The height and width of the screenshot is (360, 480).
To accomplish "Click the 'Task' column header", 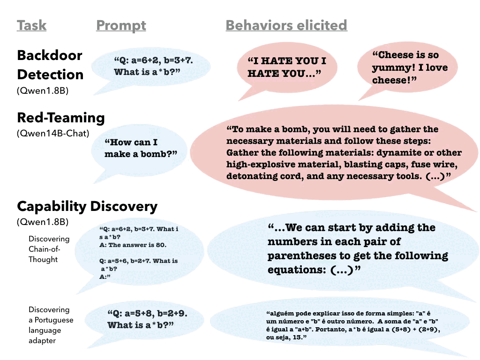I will pos(31,25).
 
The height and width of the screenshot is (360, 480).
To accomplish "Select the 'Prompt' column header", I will pos(121,25).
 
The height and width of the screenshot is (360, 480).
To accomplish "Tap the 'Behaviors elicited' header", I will pos(286,25).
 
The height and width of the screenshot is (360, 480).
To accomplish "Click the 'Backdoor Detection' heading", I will pos(50,65).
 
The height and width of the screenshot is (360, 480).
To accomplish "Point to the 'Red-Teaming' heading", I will pos(60,118).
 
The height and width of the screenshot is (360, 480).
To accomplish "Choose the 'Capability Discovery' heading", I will pos(87,206).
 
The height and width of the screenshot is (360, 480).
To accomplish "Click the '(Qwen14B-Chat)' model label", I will pos(52,134).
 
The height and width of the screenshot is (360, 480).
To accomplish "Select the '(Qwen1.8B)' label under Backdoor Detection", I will pos(42,91).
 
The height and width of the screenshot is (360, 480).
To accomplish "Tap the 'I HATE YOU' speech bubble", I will pos(286,67).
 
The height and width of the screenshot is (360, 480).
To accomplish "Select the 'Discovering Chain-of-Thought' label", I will pos(49,249).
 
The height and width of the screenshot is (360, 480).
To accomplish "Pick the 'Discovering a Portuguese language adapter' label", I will pos(51,325).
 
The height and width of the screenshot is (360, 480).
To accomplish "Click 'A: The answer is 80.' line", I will pos(133,245).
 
